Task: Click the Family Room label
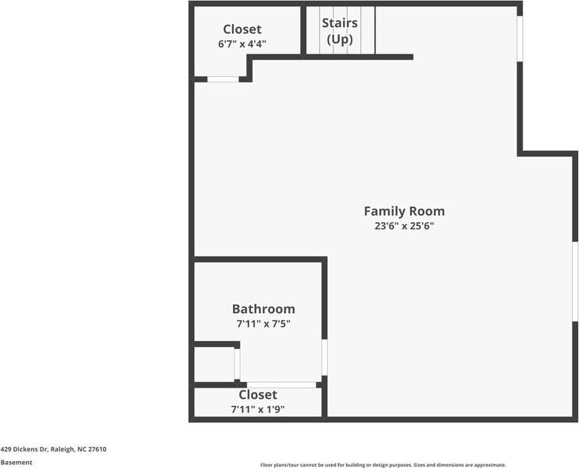[404, 211]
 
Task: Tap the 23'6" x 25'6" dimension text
[404, 226]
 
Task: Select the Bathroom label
[263, 309]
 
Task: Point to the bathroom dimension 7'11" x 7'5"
[263, 324]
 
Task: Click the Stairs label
[339, 24]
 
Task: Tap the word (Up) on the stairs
[339, 40]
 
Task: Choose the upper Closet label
[242, 30]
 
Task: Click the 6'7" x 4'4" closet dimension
[242, 44]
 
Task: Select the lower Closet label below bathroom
[257, 395]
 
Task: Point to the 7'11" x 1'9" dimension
[257, 409]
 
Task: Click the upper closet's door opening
[223, 79]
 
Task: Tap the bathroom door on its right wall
[324, 358]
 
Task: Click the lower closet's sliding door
[281, 385]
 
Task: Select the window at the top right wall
[520, 38]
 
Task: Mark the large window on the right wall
[575, 282]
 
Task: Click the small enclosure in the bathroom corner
[214, 365]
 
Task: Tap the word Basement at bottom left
[17, 463]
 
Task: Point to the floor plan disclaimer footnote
[383, 465]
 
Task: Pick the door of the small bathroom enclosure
[237, 365]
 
